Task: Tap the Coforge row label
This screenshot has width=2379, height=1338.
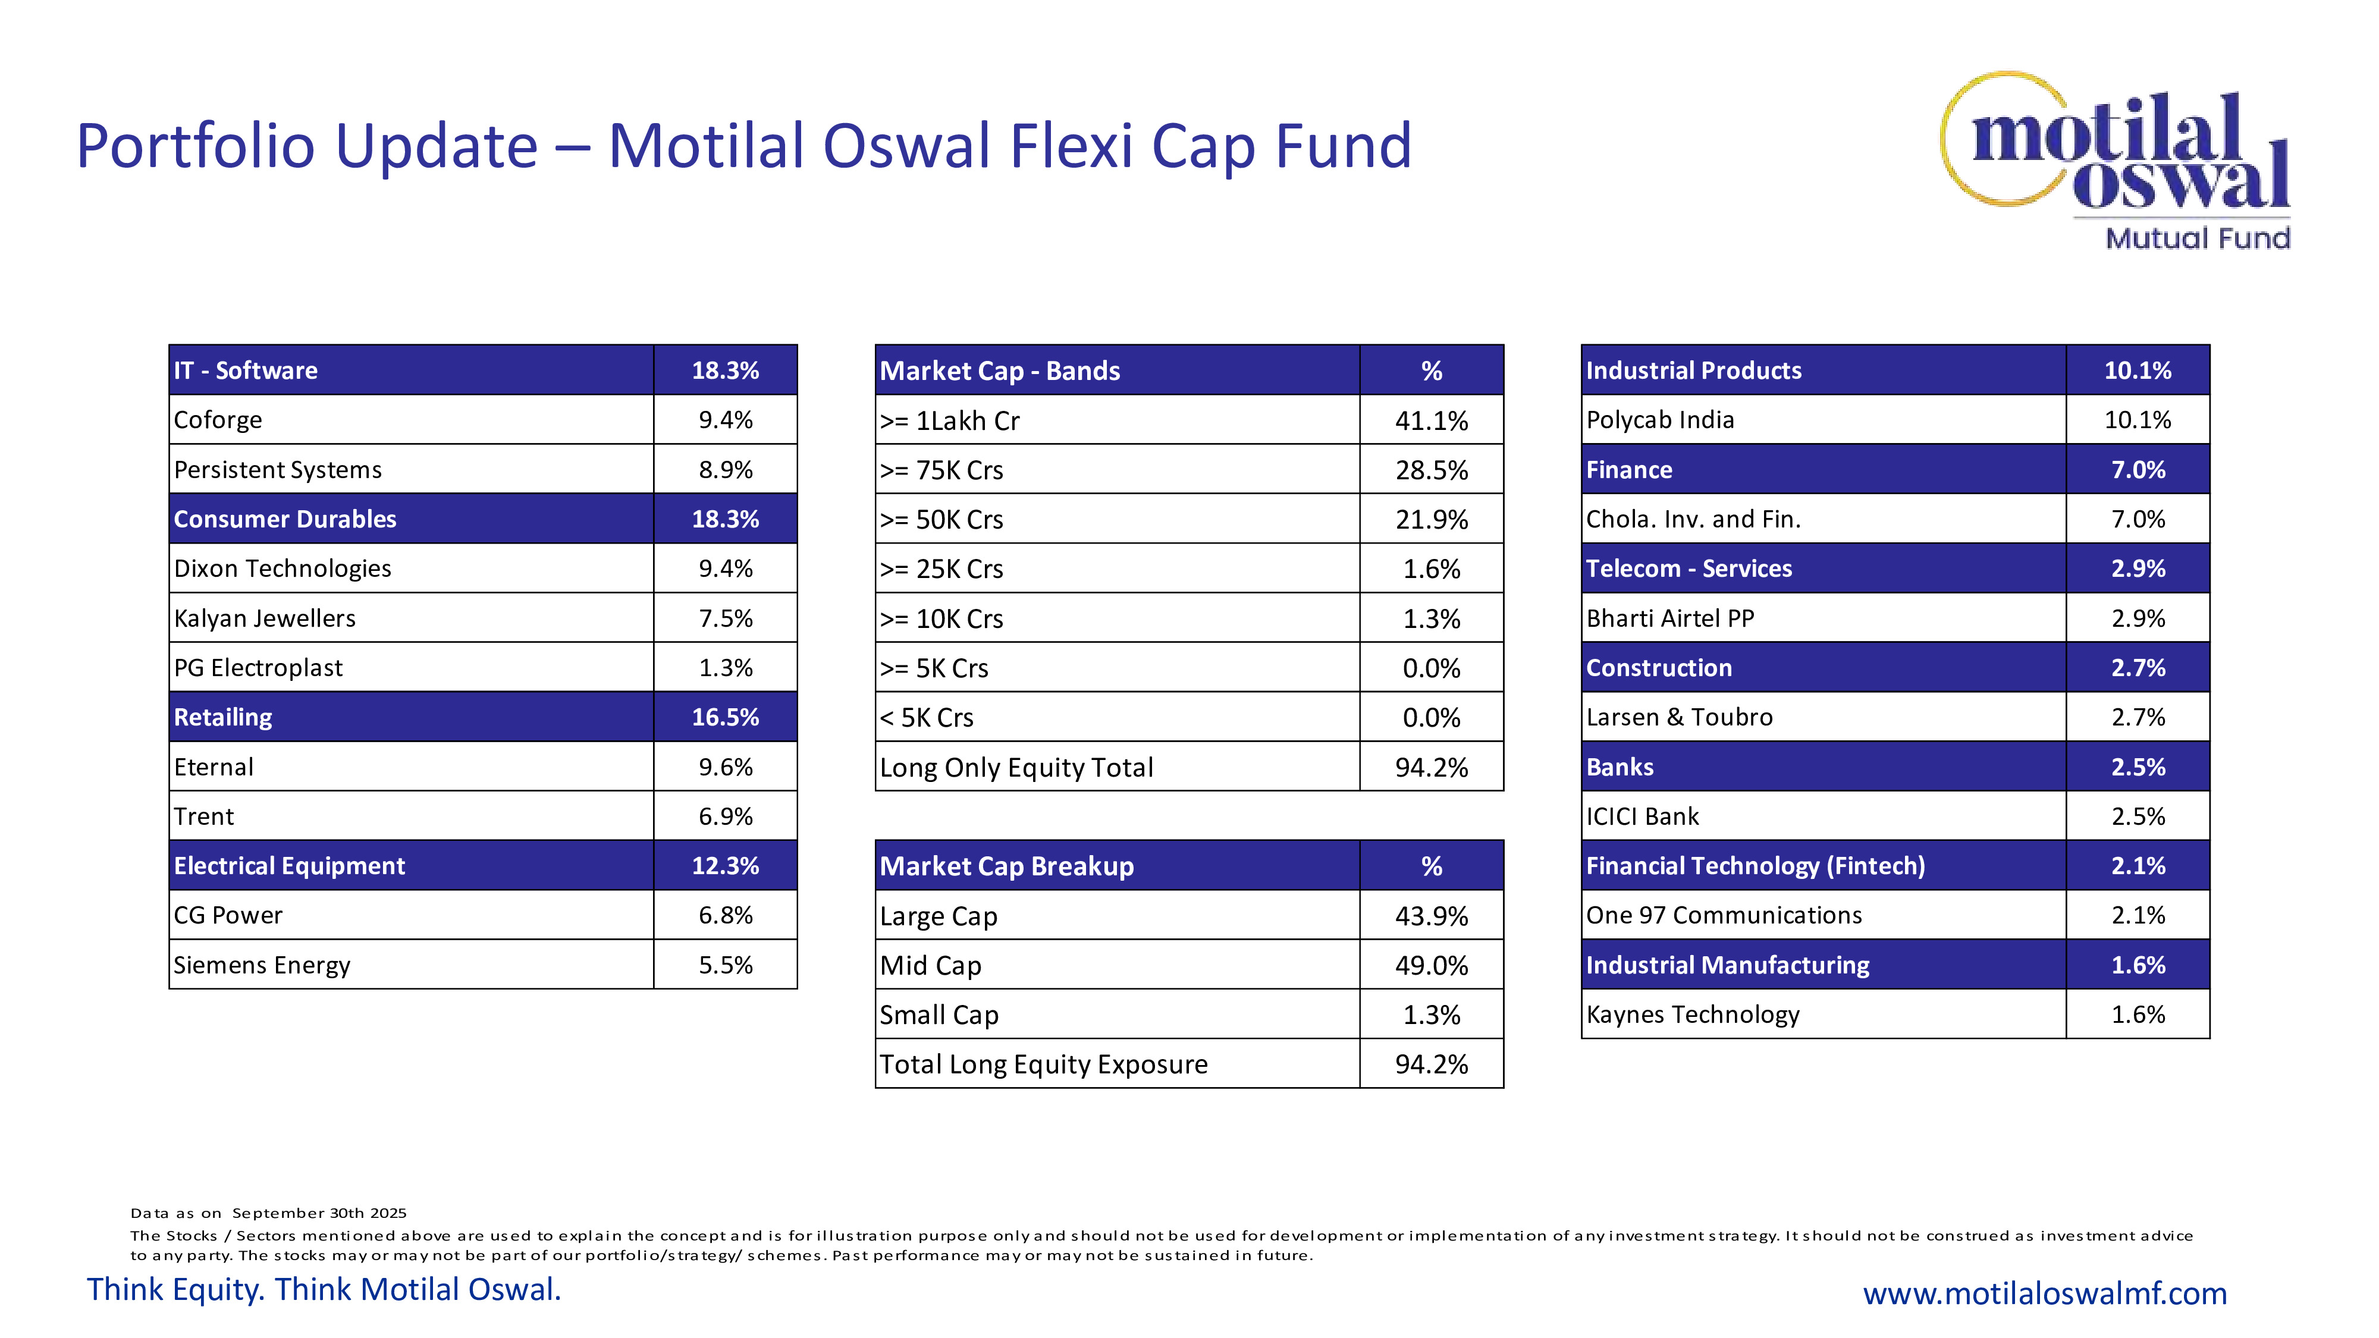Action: pos(218,420)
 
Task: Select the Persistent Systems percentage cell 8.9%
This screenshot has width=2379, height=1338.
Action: pos(725,470)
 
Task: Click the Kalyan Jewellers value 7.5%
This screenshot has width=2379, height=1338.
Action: pos(725,618)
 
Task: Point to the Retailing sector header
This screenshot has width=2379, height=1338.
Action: pos(224,718)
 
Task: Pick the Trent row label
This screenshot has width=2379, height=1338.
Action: pos(204,816)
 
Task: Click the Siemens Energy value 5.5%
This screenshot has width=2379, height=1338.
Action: pos(725,965)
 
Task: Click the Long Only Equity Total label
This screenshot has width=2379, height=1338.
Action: pos(1016,767)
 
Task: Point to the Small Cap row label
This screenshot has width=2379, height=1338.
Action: pos(939,1015)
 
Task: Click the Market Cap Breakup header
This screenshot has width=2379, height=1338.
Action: pos(1007,866)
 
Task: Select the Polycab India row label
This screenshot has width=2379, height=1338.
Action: pos(1659,420)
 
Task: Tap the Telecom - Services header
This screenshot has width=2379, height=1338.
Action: pos(1688,569)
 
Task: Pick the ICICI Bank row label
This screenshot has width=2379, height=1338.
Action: pos(1642,816)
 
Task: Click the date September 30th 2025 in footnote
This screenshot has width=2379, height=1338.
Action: pos(319,1213)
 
